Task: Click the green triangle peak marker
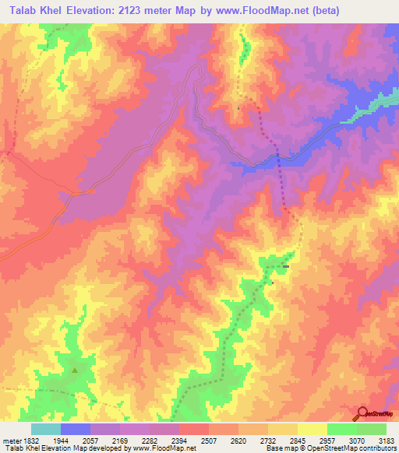click(75, 370)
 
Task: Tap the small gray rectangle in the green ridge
click(286, 267)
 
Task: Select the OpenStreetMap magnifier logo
click(361, 413)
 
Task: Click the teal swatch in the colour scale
click(45, 429)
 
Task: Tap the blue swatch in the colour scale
click(75, 429)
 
